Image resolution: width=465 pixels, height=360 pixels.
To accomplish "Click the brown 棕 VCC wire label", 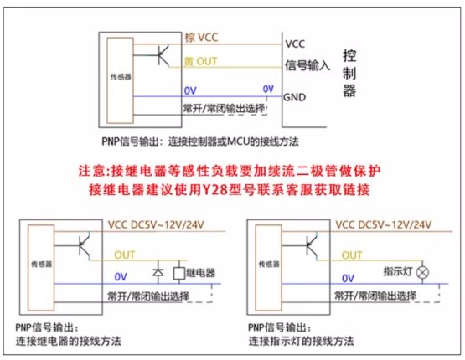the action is [201, 38].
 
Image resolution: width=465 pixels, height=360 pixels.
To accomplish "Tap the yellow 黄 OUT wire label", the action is [200, 61].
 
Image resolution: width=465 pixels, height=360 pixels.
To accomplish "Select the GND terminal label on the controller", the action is [294, 97].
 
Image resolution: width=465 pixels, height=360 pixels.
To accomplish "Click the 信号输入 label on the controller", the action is [307, 65].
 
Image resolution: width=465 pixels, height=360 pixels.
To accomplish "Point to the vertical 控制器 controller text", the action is [349, 73].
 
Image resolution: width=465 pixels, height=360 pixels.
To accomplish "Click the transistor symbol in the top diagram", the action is [163, 55].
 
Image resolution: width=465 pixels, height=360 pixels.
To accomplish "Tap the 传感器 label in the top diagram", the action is [121, 77].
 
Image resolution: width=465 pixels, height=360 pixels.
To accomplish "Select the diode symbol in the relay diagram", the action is [158, 272].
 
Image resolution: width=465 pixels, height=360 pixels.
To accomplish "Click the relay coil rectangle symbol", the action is [179, 273].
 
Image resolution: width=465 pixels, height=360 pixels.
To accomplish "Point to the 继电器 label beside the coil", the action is [201, 273].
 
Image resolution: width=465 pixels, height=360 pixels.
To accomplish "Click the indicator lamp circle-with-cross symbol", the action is [422, 272].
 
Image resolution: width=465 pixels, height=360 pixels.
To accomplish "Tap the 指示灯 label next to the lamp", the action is [398, 271].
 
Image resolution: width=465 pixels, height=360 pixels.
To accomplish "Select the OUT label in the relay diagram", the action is [125, 255].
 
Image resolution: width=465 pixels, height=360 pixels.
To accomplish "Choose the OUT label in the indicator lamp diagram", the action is [352, 255].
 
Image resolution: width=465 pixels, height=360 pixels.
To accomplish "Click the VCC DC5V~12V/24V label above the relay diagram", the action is [156, 225].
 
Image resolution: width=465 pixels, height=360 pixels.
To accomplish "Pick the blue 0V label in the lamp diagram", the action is [348, 278].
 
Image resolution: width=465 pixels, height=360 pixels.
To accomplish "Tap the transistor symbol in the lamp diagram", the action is [312, 246].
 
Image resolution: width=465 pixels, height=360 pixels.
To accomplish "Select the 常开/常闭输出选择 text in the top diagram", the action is [224, 109].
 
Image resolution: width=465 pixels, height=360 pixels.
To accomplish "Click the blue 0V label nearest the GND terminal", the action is [268, 89].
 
